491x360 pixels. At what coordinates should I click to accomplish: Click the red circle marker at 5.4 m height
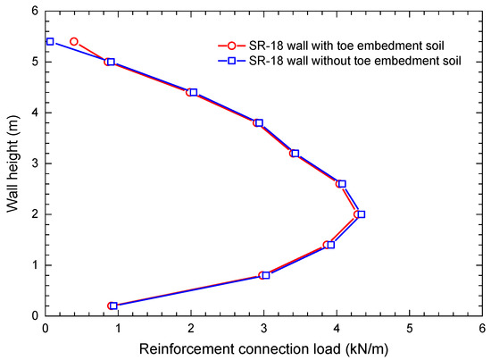click(74, 42)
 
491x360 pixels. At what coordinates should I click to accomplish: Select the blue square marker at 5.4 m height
click(50, 42)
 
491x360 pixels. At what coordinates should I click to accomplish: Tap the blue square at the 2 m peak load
click(361, 214)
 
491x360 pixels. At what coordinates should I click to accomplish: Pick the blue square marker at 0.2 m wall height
click(113, 306)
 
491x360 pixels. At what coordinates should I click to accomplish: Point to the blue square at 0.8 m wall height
click(265, 275)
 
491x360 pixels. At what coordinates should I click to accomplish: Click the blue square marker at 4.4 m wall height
click(193, 93)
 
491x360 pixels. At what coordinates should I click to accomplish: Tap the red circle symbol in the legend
click(232, 45)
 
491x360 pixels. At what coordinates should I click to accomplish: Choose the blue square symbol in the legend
click(232, 59)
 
